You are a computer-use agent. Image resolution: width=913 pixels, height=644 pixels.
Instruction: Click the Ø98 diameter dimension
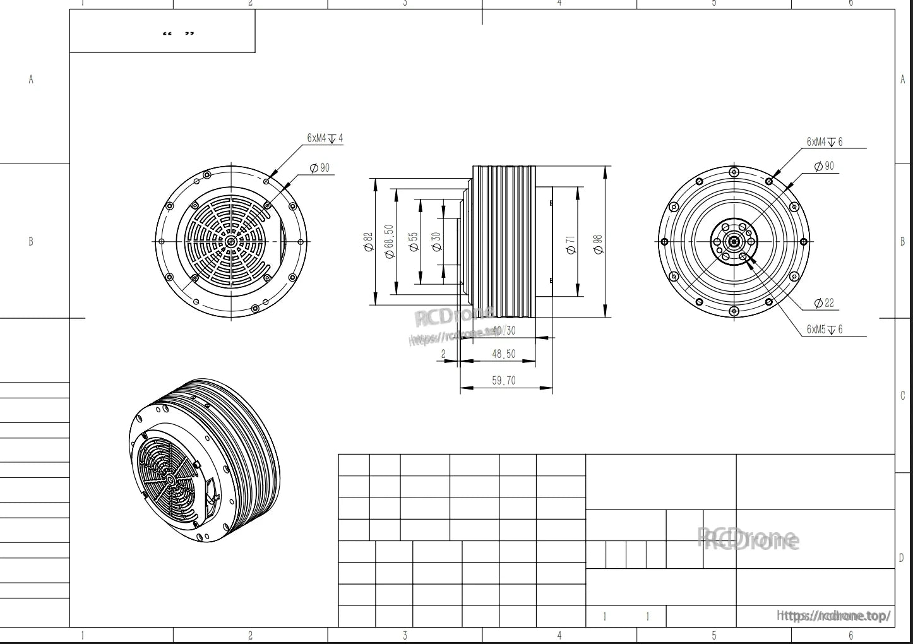coord(598,243)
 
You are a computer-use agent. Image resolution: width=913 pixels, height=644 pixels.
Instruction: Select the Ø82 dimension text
coord(368,242)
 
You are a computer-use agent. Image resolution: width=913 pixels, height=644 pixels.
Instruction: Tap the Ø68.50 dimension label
coord(388,242)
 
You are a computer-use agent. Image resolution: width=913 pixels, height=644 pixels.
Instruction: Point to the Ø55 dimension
coord(414,242)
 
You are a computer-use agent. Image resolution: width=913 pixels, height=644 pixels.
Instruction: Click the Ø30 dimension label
coord(436,242)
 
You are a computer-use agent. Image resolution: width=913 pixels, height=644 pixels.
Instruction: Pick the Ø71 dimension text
coord(571,244)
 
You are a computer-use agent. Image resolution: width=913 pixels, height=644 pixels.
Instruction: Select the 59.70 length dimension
coord(503,380)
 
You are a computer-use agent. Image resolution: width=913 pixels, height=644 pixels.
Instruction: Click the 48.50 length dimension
coord(503,354)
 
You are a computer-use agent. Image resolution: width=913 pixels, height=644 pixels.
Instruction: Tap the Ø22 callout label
coord(824,303)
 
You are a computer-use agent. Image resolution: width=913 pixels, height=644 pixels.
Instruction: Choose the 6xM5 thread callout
coord(824,330)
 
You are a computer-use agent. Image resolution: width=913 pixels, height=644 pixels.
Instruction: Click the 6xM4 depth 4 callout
coord(325,138)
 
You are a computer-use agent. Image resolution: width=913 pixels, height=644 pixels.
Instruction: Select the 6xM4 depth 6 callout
coord(824,142)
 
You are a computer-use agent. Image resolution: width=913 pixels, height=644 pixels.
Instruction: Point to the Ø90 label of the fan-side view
coord(319,168)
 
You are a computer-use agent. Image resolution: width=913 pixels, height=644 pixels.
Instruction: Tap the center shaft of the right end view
coord(733,241)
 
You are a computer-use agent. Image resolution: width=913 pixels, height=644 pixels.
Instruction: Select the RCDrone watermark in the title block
coord(748,540)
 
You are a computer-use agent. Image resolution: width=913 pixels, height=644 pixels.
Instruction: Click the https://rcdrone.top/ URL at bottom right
coord(834,616)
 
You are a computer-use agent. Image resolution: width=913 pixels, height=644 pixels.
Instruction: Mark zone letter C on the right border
coord(902,396)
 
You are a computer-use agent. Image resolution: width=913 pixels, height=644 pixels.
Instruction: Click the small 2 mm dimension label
coord(443,354)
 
